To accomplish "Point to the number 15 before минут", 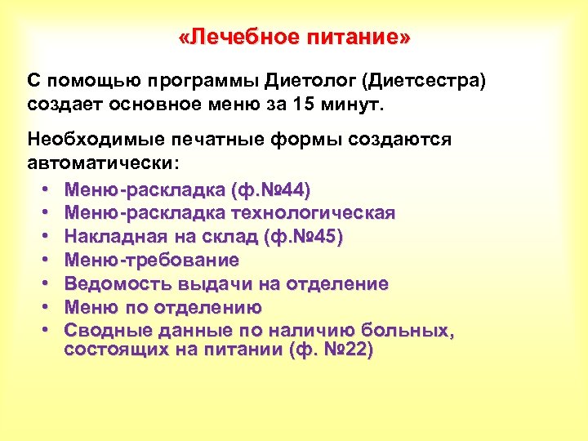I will click(326, 105).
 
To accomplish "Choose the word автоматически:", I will click(103, 162).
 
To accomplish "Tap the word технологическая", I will click(314, 213).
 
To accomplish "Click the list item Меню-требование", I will click(152, 261).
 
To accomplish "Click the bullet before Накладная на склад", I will click(43, 237).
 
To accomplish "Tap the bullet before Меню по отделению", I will click(43, 308).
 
